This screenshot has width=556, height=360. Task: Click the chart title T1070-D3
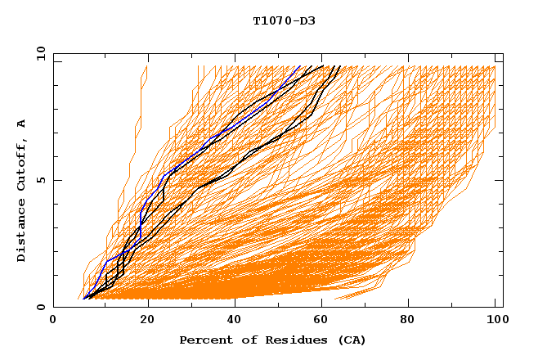[284, 20]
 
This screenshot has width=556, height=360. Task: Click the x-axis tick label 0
[53, 321]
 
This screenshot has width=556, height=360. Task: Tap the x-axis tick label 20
[142, 321]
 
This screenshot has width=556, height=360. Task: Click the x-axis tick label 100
[495, 321]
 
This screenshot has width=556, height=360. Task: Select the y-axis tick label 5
[40, 180]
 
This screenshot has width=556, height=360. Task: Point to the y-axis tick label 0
[40, 307]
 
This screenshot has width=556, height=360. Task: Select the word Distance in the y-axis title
[22, 228]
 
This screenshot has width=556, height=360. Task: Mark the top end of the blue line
[300, 66]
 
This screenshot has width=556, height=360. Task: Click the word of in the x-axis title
[243, 340]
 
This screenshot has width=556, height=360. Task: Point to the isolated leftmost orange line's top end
[146, 66]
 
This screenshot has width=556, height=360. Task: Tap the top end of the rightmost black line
[341, 66]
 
